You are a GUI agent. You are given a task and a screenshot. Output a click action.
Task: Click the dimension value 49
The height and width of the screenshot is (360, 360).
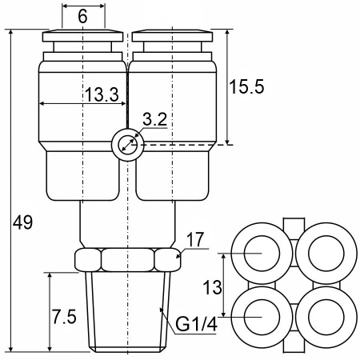coord(22,222)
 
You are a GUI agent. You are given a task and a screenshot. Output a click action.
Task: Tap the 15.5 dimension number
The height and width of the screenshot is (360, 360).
coord(246,86)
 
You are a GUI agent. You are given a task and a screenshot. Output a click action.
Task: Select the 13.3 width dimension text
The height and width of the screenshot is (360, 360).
coord(102,94)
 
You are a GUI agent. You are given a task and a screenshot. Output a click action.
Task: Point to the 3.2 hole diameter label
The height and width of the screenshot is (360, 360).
coord(154,119)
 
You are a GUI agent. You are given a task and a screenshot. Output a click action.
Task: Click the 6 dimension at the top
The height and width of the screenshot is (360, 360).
coord(82,16)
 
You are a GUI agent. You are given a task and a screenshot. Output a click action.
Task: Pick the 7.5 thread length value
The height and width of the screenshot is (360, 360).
coord(64,317)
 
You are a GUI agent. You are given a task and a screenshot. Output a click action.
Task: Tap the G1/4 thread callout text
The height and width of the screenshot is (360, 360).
coord(196,324)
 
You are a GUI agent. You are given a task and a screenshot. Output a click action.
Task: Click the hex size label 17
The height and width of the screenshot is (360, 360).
coord(195,240)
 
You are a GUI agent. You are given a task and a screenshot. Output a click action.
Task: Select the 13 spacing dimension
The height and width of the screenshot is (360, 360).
coord(212,287)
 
